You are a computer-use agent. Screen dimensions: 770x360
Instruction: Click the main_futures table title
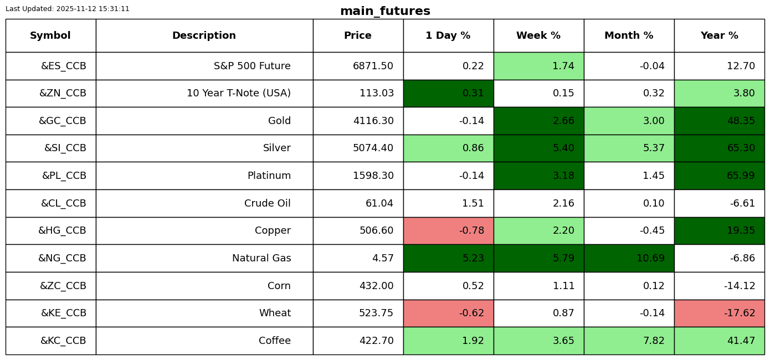tap(385, 11)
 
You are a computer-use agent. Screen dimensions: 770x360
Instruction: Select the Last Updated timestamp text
tap(68, 9)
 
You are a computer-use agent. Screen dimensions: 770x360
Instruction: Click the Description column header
tap(204, 35)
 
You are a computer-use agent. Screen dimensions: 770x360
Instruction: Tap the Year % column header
tap(719, 35)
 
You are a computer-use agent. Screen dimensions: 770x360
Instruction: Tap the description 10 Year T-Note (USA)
tap(239, 93)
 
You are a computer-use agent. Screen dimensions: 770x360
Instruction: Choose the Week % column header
tap(538, 35)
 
